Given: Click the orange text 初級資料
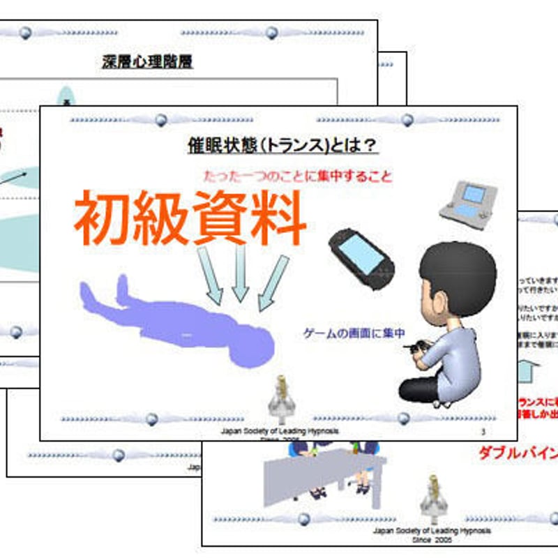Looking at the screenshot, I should tap(190, 218).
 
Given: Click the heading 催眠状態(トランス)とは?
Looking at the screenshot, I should tap(282, 145).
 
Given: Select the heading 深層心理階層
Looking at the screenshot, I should tap(147, 62).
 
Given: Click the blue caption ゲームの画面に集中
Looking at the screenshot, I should tap(354, 333).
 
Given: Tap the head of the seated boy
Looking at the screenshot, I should tap(457, 279).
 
